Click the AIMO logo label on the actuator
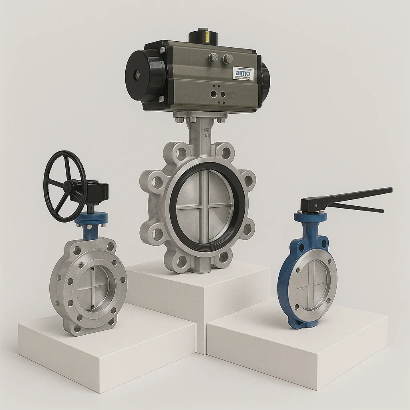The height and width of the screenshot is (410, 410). pos(243,74)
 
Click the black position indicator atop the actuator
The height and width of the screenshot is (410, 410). pos(203,36)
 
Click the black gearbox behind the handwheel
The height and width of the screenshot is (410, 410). pos(96,191)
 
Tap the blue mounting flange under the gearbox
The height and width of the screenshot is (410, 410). pos(92,219)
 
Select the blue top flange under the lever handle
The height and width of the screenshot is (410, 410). pos(311,217)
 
